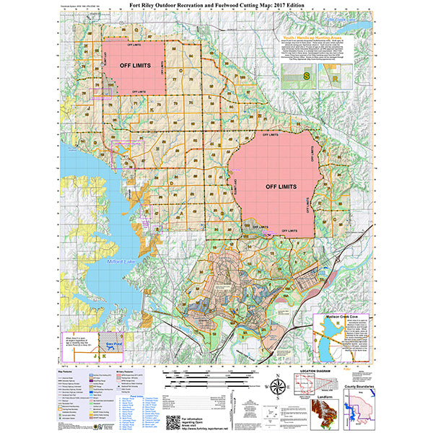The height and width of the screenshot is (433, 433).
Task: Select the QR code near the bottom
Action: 172,421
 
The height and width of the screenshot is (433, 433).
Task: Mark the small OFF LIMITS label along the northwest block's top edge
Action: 134,45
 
